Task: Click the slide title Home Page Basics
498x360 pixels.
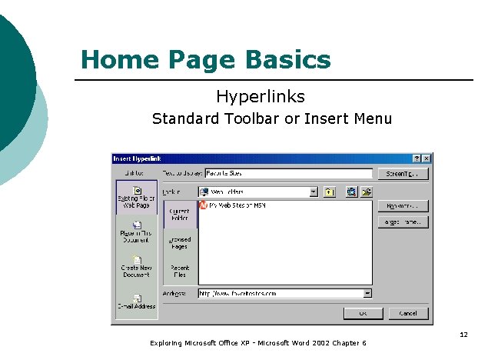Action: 205,60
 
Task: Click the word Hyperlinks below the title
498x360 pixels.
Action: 260,97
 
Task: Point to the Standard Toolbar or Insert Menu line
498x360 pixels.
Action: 271,118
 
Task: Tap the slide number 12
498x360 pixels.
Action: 463,334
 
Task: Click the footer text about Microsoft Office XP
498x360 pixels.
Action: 258,342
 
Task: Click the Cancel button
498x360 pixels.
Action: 408,313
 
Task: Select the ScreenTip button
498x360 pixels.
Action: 402,174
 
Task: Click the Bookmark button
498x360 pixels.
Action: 402,206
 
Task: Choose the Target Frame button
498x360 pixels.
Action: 402,222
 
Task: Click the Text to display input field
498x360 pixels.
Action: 288,174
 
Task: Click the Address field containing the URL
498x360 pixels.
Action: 280,293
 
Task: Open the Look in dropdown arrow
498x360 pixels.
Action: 314,192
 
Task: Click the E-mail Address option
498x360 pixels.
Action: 137,302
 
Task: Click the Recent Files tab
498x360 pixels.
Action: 180,270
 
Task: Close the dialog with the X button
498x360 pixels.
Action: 427,158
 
